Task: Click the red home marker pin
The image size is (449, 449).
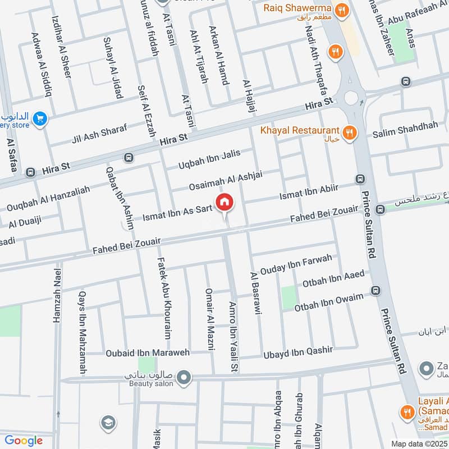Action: tap(224, 201)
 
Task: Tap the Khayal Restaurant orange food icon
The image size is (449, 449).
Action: tap(350, 132)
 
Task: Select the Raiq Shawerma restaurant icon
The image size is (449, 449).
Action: tap(341, 10)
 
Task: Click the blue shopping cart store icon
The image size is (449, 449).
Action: tap(39, 118)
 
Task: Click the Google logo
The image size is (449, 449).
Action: tap(24, 441)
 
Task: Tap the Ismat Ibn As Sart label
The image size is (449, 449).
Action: tap(177, 212)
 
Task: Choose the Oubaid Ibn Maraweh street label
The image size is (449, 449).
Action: tap(148, 353)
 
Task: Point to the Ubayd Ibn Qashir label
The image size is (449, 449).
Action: tap(298, 352)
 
